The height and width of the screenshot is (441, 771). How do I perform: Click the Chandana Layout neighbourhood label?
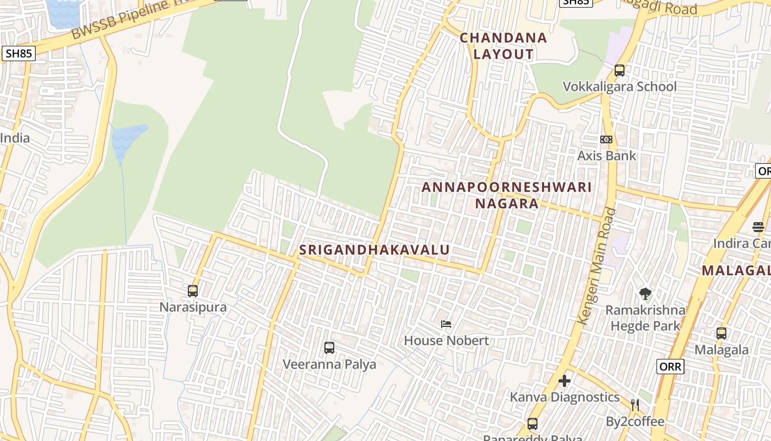(x=503, y=46)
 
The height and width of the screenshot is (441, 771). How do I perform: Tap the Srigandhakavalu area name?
(x=374, y=250)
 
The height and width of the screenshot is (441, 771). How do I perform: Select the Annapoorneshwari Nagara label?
(x=507, y=195)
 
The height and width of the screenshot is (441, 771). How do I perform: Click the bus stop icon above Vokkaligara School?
(x=620, y=71)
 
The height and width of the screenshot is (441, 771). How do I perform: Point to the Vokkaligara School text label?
(x=620, y=87)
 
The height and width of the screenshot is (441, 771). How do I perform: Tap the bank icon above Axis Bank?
(x=606, y=139)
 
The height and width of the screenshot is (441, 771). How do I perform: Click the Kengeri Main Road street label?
(x=596, y=265)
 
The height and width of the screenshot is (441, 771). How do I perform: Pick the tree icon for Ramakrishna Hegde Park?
(x=645, y=294)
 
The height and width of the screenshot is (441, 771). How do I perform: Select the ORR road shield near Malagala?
(x=670, y=366)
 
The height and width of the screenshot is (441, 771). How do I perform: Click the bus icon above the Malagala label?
(x=721, y=334)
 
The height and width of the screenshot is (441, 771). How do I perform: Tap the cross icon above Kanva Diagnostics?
(x=564, y=381)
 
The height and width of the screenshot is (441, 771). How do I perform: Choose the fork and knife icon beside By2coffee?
(x=635, y=405)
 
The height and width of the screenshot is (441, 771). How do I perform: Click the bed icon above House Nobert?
(x=447, y=324)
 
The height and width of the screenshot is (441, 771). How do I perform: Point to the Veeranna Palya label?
(x=329, y=364)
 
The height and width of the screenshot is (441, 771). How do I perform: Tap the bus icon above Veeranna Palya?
(x=329, y=348)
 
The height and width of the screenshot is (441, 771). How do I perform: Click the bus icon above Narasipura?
(x=193, y=291)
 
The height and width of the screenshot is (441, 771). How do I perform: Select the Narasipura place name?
(x=193, y=307)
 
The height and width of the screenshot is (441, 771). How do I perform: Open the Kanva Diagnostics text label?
(x=564, y=397)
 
